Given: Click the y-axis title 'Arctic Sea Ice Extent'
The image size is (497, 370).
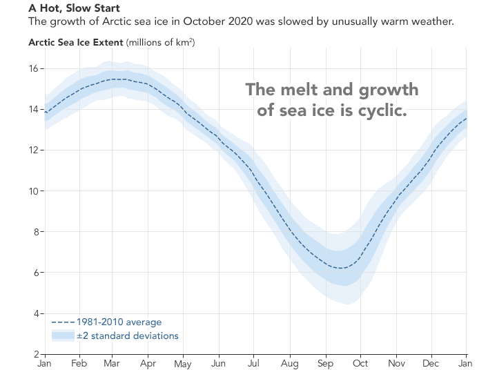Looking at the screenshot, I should click(x=75, y=42).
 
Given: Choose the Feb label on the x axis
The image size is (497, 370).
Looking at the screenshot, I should click(x=79, y=363).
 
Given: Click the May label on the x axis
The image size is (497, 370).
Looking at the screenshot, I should click(x=183, y=363).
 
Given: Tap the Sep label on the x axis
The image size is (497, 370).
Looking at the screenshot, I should click(x=325, y=363).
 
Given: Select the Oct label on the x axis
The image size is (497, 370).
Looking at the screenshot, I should click(x=360, y=363).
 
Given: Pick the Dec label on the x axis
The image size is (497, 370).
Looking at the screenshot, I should click(x=430, y=363).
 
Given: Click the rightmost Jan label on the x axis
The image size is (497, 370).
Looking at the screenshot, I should click(x=466, y=363).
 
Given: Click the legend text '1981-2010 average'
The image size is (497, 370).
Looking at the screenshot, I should click(x=119, y=322).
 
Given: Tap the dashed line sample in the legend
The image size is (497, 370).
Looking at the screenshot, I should click(x=62, y=322).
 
